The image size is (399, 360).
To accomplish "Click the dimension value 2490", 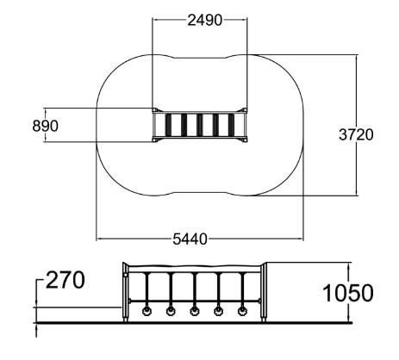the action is (x=205, y=20).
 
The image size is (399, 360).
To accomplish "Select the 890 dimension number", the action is (x=45, y=126).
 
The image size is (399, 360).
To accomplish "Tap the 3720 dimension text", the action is (x=356, y=134).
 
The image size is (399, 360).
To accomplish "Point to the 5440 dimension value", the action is (x=190, y=239).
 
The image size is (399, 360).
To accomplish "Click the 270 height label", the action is (x=65, y=280).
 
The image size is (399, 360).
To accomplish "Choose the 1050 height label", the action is (x=348, y=293).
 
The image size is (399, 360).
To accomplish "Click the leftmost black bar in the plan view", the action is (x=168, y=125).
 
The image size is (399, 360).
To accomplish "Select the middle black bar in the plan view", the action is (x=200, y=125).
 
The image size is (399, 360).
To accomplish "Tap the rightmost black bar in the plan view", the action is (x=232, y=125).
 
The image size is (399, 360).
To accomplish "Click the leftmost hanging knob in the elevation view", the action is (x=147, y=311).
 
